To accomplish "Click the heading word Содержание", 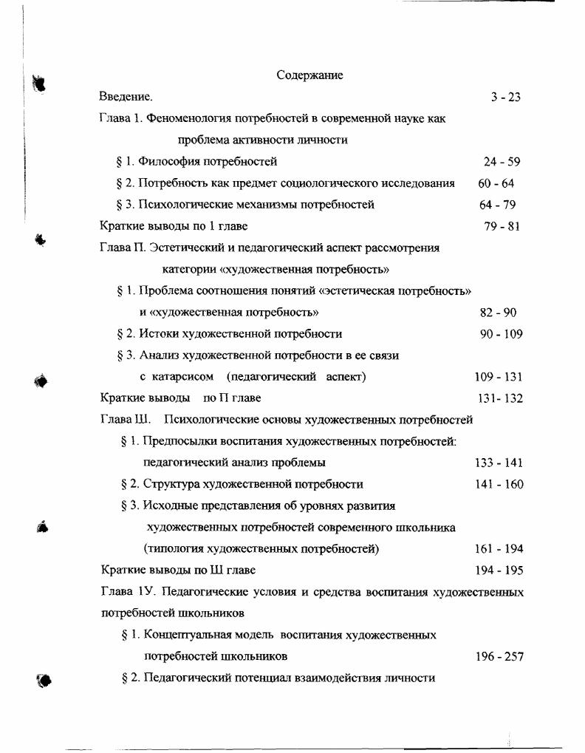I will (309, 75).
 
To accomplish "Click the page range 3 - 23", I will (505, 97).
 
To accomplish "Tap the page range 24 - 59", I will (502, 162).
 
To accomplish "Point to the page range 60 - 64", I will (496, 183).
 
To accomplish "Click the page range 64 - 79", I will (497, 205).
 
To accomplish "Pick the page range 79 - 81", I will (502, 226).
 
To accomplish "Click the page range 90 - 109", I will (501, 334).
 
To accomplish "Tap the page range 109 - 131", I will (499, 377).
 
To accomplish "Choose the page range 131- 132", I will (500, 398).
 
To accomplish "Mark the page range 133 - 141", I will (499, 463).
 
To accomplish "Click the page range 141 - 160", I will (499, 485).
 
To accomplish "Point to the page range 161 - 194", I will (499, 549).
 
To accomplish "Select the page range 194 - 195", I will (499, 570).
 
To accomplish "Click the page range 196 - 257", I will (500, 656).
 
